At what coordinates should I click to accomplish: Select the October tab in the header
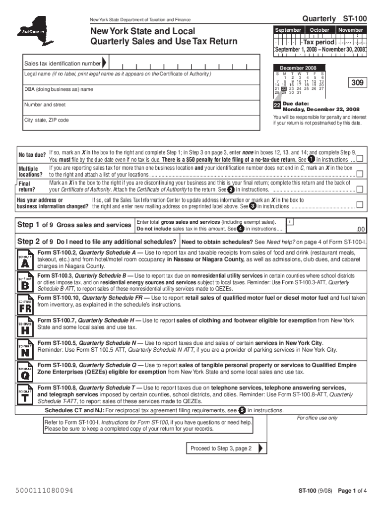[x=319, y=30]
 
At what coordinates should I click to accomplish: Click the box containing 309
[x=356, y=82]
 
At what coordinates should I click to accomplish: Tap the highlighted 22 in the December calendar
[x=284, y=89]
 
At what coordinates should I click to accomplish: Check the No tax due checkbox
[x=360, y=159]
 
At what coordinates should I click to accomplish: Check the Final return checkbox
[x=360, y=189]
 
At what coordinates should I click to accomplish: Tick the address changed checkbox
[x=360, y=205]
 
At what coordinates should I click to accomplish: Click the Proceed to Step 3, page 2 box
[x=222, y=448]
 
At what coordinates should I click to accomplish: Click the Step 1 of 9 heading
[x=74, y=225]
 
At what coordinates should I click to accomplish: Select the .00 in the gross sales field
[x=361, y=229]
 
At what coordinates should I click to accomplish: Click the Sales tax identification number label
[x=63, y=64]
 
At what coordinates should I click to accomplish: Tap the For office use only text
[x=317, y=418]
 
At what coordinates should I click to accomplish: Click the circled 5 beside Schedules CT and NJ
[x=242, y=410]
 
